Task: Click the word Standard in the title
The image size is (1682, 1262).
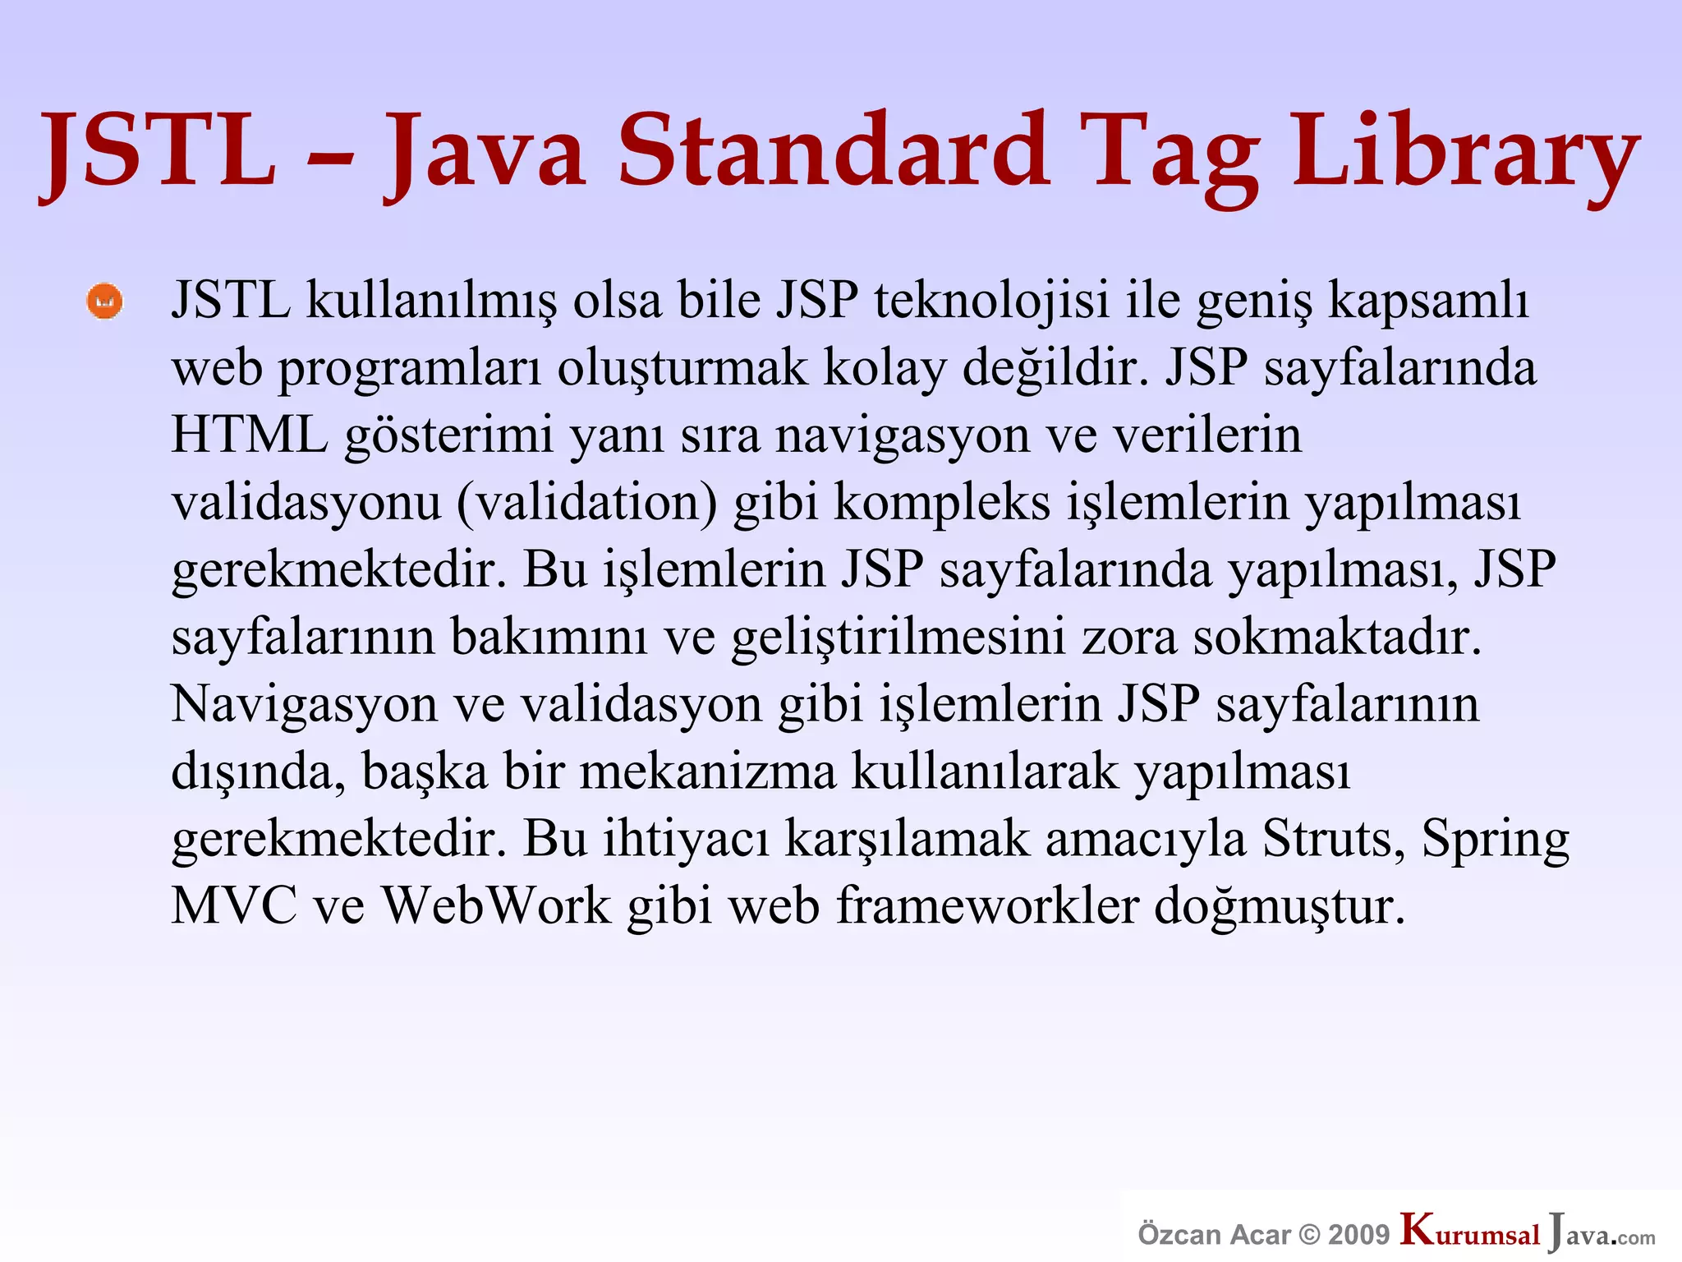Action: point(833,150)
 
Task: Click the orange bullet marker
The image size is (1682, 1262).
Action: point(104,302)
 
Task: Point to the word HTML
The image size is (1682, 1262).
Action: point(249,435)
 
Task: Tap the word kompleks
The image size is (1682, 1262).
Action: point(942,502)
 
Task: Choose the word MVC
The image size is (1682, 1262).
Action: point(234,906)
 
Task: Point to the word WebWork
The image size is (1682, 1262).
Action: point(497,906)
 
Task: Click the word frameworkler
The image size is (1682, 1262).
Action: point(987,906)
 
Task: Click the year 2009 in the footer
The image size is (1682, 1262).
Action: point(1359,1235)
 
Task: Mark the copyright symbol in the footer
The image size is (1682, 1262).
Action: point(1312,1235)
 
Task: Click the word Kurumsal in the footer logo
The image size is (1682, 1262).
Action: point(1470,1232)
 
